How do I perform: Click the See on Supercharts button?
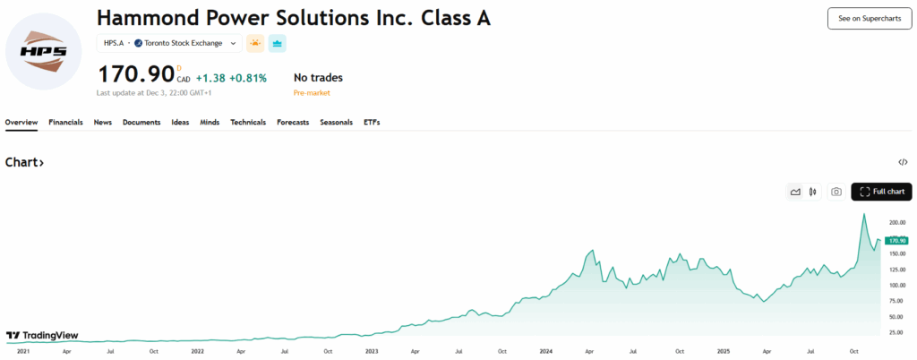(x=869, y=18)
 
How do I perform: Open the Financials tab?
(x=65, y=122)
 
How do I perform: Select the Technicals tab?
(x=248, y=122)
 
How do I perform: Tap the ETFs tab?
(x=372, y=122)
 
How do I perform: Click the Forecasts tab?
(x=293, y=122)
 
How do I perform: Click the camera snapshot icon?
(x=836, y=192)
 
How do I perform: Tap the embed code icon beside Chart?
(x=903, y=162)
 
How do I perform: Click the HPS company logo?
(x=43, y=52)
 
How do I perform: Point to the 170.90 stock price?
(x=137, y=75)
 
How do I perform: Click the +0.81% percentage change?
(x=248, y=78)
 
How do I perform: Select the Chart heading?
(x=24, y=162)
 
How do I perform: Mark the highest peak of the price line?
(x=864, y=214)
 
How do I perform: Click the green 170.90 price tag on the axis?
(x=896, y=240)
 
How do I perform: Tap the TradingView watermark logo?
(x=41, y=336)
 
